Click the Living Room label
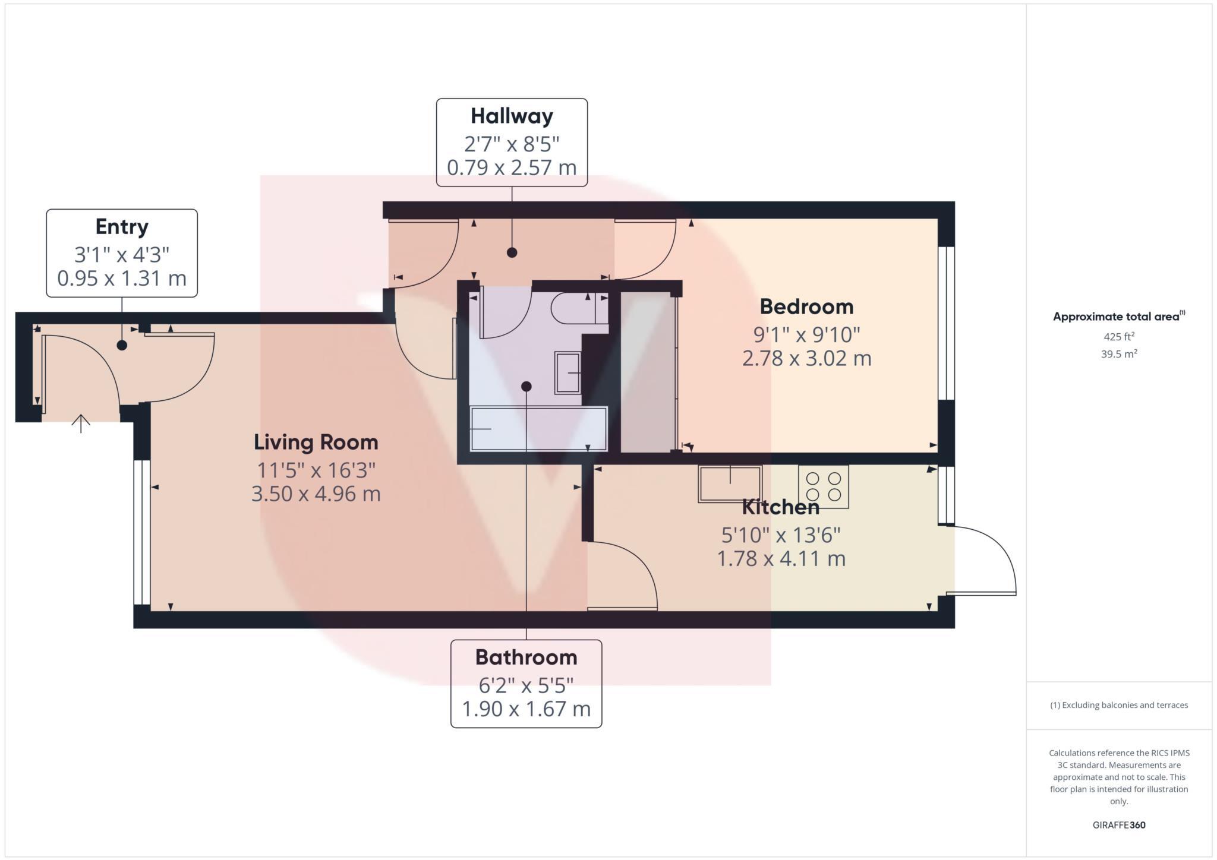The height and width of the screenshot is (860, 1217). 316,442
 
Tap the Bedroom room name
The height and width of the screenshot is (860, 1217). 806,307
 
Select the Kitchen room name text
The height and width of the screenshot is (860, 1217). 781,507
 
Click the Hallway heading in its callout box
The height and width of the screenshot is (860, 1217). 512,116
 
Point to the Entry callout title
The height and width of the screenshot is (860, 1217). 122,227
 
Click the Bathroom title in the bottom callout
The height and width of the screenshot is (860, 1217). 526,657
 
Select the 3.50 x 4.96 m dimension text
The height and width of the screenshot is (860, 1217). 316,494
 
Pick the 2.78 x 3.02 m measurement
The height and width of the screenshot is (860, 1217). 806,359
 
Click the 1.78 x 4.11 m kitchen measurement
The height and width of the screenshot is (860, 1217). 781,559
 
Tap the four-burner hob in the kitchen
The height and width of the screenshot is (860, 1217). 824,486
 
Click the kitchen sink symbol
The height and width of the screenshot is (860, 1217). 730,484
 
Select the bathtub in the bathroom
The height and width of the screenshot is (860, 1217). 538,428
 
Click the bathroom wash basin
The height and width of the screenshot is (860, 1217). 567,372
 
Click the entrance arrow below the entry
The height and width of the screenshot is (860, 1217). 81,423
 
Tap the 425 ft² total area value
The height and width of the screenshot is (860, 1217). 1119,337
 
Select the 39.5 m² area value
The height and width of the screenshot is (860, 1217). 1119,354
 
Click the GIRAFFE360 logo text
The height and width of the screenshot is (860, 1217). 1119,825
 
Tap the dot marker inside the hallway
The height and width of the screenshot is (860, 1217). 512,252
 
